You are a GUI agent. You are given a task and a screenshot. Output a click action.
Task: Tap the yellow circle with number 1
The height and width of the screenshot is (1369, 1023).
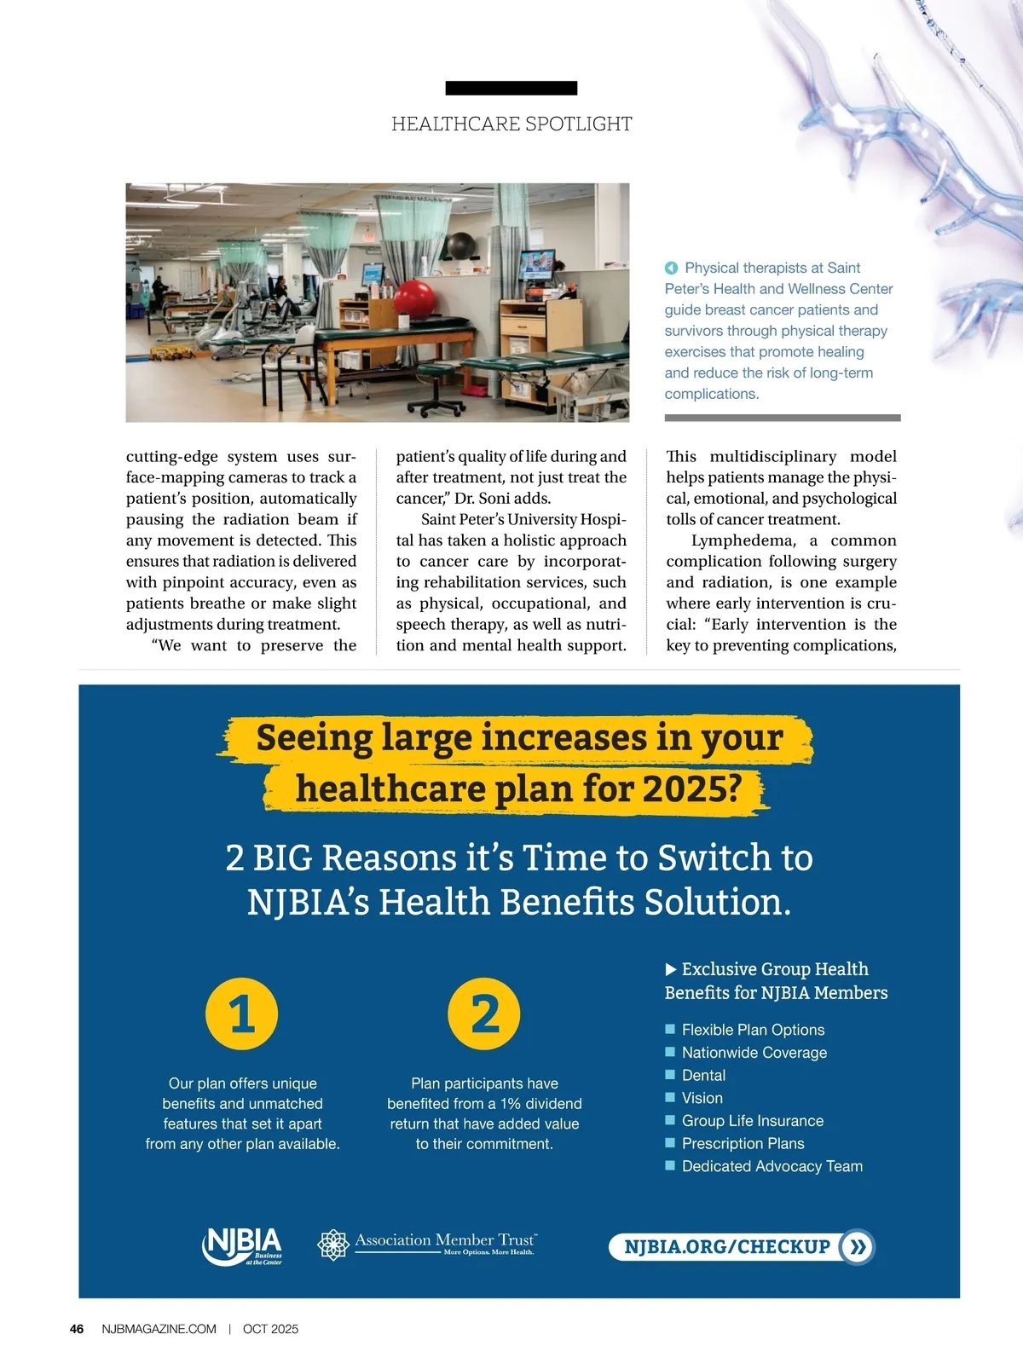click(242, 1014)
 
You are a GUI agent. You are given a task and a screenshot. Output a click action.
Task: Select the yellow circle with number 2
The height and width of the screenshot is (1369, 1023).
click(484, 1014)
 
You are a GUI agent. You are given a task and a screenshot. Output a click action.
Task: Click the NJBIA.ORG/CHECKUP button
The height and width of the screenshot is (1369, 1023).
click(742, 1247)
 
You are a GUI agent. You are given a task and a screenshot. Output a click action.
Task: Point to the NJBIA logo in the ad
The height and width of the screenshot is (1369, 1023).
click(242, 1245)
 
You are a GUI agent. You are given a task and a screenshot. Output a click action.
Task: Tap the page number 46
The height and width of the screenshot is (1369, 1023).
click(77, 1329)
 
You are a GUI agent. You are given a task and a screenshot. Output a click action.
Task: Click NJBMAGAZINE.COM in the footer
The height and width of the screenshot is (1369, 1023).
click(159, 1329)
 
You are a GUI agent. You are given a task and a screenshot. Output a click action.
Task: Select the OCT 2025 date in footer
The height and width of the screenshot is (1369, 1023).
click(270, 1329)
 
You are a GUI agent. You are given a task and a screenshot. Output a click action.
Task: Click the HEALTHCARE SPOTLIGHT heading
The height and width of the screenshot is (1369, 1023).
click(511, 124)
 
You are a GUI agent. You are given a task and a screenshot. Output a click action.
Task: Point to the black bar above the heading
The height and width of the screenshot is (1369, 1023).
click(511, 88)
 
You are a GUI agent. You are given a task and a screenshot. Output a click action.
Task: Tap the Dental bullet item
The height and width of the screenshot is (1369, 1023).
click(703, 1076)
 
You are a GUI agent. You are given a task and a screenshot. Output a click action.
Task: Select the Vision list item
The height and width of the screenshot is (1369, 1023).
click(702, 1098)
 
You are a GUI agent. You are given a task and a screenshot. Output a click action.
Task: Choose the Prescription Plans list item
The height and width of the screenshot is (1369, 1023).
click(743, 1143)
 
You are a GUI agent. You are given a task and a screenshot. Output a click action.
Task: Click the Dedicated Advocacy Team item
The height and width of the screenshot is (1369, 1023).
click(772, 1166)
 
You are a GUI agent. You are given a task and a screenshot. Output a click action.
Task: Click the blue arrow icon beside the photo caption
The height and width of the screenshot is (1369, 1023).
click(671, 268)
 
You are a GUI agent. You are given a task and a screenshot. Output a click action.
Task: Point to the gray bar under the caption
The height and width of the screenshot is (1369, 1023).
click(783, 418)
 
